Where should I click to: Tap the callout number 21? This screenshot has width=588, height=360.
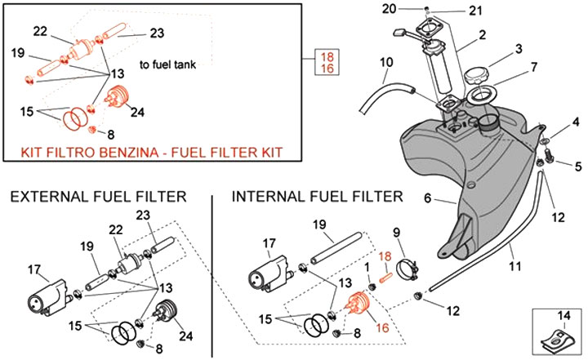click(x=475, y=11)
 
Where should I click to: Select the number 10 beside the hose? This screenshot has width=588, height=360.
click(x=385, y=61)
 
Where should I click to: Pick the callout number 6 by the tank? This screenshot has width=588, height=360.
click(x=427, y=198)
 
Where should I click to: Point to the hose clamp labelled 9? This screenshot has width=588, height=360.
click(x=410, y=265)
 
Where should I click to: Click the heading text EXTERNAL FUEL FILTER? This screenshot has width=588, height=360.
click(x=98, y=197)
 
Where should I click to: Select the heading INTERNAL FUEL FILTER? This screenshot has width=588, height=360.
click(x=318, y=197)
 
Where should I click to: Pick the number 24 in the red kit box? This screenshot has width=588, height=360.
click(x=137, y=112)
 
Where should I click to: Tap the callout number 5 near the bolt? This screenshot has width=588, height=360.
click(x=577, y=167)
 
